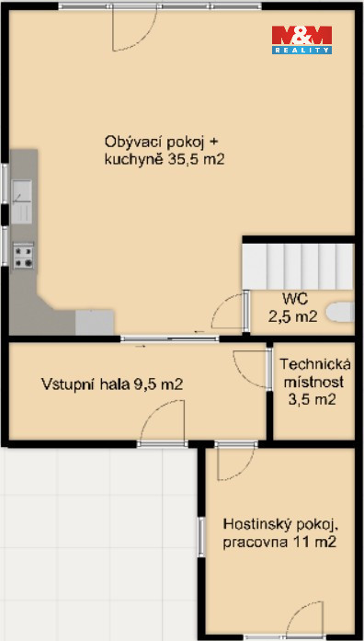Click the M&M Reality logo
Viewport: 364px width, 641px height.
301,40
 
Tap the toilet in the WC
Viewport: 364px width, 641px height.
340,313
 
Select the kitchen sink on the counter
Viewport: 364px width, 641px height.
22,202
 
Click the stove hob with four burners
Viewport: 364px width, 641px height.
23,256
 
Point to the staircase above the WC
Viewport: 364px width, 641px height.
298,267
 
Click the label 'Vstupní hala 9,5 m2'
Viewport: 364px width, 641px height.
111,384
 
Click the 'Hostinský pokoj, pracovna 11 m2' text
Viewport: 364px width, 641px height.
279,532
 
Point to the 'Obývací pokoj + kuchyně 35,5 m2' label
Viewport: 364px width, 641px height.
165,151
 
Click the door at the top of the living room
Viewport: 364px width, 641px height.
134,29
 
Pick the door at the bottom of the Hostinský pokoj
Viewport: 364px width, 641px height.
304,619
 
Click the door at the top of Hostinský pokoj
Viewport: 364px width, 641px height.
236,462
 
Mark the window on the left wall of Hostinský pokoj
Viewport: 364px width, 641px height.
201,536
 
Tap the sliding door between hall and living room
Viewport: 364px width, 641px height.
170,338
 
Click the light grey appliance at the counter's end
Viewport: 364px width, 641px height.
95,322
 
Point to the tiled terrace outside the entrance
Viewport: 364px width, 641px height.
98,544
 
